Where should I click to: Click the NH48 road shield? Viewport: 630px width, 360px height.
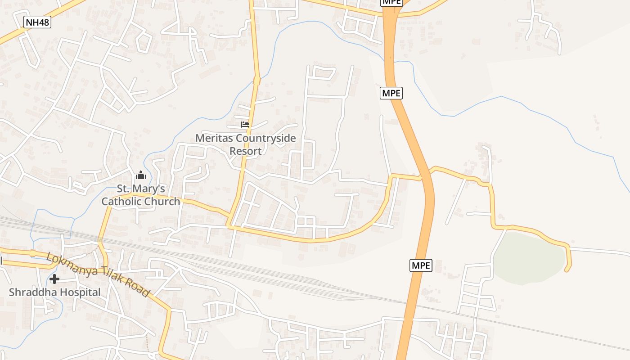pos(37,22)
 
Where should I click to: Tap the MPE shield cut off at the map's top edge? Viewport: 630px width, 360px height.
pos(391,2)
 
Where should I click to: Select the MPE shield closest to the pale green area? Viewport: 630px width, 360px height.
pos(421,265)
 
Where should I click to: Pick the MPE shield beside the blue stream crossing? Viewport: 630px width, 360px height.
pos(391,93)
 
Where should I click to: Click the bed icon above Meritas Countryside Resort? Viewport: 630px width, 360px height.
pos(245,124)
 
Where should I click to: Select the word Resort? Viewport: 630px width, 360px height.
pos(245,151)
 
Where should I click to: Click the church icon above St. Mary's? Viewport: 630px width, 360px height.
pos(141,175)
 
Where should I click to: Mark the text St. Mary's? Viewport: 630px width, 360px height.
pos(140,189)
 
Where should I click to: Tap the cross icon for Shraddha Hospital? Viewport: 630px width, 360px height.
pos(54,279)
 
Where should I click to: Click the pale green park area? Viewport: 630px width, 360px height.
pos(529,259)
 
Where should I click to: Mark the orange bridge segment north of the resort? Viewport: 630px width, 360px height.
pos(256,81)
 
